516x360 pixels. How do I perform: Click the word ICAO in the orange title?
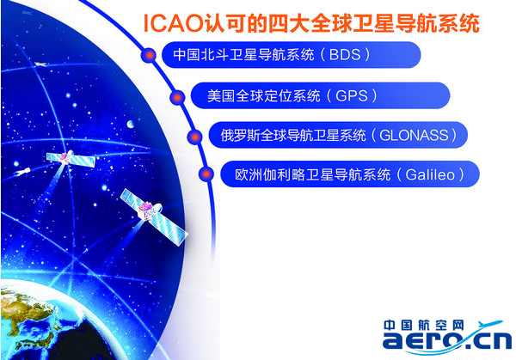(x=174, y=24)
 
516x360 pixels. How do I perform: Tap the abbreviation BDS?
(x=345, y=55)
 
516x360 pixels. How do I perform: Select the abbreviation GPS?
(x=351, y=95)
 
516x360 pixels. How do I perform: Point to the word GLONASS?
(x=414, y=135)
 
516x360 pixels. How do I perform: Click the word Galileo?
(x=430, y=174)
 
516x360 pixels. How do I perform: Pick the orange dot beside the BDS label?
(x=149, y=55)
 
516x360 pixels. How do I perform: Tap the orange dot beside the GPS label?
(x=177, y=97)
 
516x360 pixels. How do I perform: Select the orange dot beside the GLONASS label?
(x=195, y=136)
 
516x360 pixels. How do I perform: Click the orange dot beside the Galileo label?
(x=206, y=174)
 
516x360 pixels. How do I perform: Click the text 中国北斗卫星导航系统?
(x=243, y=55)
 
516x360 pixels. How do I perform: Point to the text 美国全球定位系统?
(x=264, y=95)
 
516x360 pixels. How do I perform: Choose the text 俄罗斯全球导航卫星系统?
(x=293, y=135)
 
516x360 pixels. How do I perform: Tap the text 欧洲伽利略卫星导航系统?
(x=312, y=174)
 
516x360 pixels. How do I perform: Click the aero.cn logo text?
(x=447, y=340)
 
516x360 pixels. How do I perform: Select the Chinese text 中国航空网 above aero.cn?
(x=423, y=325)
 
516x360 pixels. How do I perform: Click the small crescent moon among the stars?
(x=131, y=124)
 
